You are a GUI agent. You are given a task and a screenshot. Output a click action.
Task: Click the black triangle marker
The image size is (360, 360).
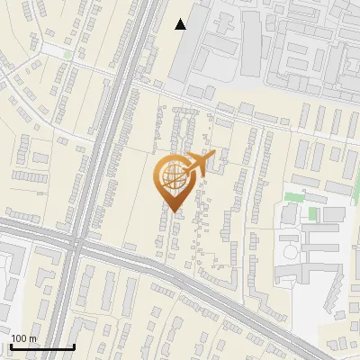tap(181, 24)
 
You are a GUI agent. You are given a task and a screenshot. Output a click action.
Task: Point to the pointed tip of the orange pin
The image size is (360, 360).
tap(174, 211)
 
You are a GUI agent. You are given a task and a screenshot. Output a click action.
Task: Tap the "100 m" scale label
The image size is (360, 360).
tap(22, 338)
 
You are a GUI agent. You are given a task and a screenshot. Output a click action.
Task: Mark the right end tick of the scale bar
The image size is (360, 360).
tap(74, 346)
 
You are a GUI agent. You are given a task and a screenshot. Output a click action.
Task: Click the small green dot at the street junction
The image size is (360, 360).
tap(67, 55)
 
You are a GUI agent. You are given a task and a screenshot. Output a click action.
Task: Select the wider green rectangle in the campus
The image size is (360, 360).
tap(295, 197)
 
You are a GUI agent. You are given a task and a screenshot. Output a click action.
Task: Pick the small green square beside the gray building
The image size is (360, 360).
tap(312, 214)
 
